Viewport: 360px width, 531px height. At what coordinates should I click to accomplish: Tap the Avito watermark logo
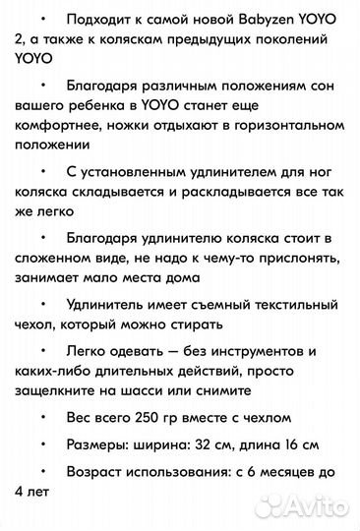tap(316, 507)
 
